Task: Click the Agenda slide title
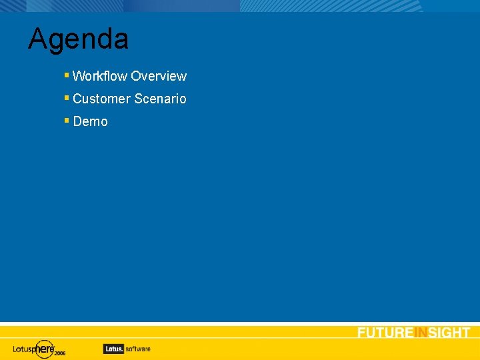[x=78, y=39]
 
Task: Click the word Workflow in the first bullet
[x=100, y=76]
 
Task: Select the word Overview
[x=159, y=76]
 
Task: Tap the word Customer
[x=102, y=99]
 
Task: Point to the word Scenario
[x=160, y=99]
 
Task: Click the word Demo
[x=90, y=121]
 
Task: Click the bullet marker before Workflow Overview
[x=67, y=75]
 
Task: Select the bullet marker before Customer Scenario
[x=67, y=98]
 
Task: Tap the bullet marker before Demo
[x=67, y=121]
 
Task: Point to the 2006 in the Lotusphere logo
[x=60, y=353]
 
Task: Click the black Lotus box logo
[x=113, y=348]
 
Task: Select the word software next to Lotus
[x=137, y=348]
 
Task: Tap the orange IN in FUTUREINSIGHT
[x=421, y=333]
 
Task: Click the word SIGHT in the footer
[x=449, y=333]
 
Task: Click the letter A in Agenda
[x=37, y=39]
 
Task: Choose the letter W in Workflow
[x=79, y=76]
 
